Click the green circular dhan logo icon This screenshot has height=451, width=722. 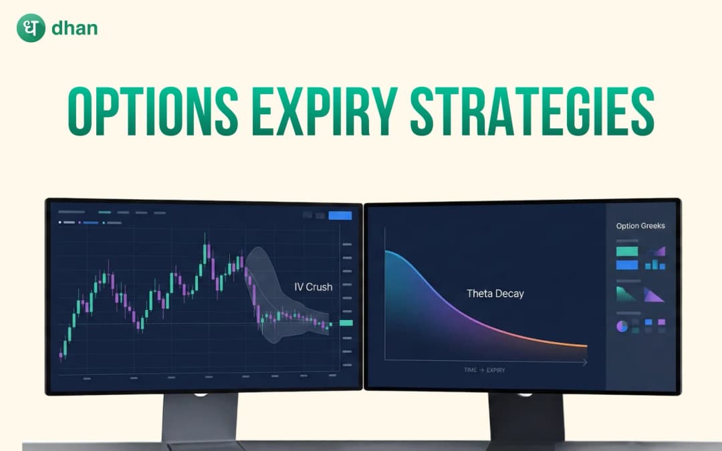[x=31, y=29]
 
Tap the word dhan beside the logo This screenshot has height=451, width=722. [x=74, y=29]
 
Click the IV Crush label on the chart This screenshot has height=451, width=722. [x=314, y=287]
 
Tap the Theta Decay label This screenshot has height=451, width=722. [x=495, y=293]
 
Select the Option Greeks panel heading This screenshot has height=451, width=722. [x=640, y=226]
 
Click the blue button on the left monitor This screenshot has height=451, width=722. [x=340, y=215]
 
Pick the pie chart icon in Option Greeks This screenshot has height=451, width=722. [x=622, y=326]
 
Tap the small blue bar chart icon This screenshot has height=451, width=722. [x=655, y=265]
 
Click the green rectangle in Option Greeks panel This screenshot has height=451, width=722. [x=626, y=251]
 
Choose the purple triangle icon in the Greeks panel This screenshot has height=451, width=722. [x=653, y=294]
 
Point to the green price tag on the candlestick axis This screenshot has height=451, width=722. [x=346, y=323]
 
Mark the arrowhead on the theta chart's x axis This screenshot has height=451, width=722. [x=585, y=362]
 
